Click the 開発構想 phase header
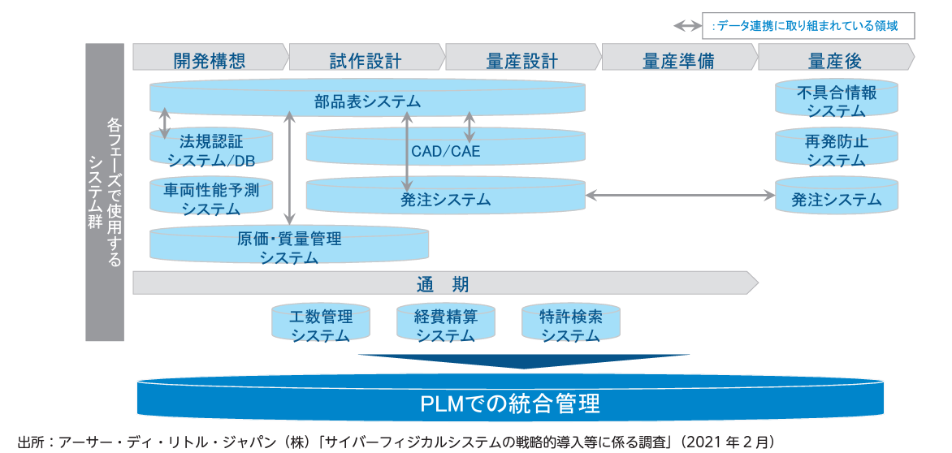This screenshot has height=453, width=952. click(x=209, y=60)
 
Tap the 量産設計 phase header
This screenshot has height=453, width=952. click(x=521, y=60)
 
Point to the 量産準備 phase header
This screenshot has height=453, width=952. click(x=677, y=60)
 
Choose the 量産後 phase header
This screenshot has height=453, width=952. click(x=834, y=60)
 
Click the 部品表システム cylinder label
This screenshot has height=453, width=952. click(x=367, y=101)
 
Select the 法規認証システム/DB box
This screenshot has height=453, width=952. click(x=210, y=149)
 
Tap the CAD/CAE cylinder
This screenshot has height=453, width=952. click(x=445, y=150)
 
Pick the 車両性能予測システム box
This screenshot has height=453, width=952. click(x=210, y=199)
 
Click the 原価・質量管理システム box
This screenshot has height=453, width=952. click(x=288, y=248)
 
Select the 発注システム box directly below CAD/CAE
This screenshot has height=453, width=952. click(x=445, y=199)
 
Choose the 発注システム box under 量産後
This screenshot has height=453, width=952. click(x=837, y=199)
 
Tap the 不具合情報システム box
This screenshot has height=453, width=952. click(x=837, y=101)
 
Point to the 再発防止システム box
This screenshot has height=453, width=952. click(x=837, y=150)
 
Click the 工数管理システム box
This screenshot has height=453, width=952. click(x=320, y=325)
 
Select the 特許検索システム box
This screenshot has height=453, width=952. click(x=570, y=325)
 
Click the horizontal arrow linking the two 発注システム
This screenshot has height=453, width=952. click(x=680, y=195)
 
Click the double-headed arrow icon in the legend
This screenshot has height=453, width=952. click(x=688, y=26)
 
